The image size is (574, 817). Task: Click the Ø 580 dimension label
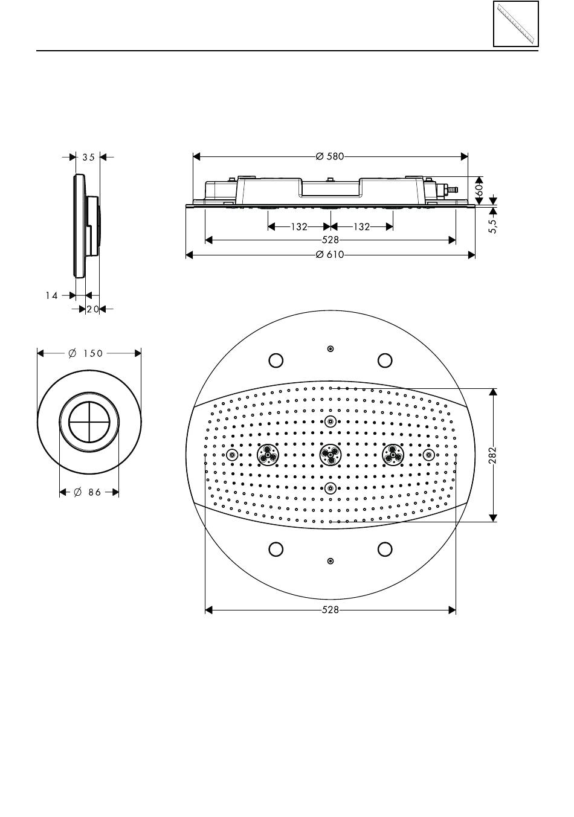[x=330, y=157]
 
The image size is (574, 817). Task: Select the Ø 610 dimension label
[x=330, y=255]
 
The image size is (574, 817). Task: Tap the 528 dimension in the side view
[x=330, y=240]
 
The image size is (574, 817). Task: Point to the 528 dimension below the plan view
[x=330, y=610]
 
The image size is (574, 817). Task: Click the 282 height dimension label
[x=493, y=455]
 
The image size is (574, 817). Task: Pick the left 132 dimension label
[x=299, y=227]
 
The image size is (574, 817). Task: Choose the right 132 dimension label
[x=361, y=227]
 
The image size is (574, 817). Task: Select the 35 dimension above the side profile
[x=89, y=157]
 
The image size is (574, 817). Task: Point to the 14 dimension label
[x=52, y=296]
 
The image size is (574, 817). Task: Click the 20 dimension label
[x=92, y=309]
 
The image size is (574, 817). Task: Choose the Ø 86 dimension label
[x=88, y=493]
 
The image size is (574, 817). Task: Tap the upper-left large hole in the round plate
[x=276, y=360]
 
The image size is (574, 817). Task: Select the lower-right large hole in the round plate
[x=385, y=549]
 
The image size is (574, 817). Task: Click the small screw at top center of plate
[x=330, y=349]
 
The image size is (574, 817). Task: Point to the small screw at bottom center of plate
[x=330, y=561]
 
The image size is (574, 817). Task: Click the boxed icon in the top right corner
[x=515, y=24]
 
